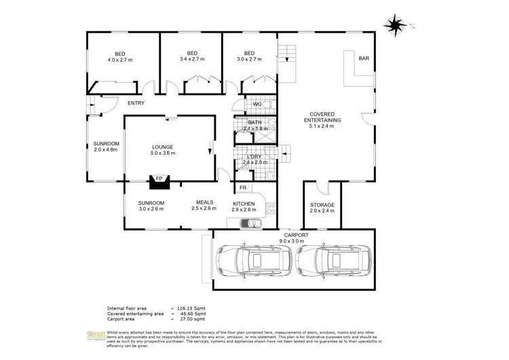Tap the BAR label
click(364, 59)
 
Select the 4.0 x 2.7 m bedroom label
click(120, 56)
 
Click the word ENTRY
click(136, 103)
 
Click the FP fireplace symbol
click(159, 179)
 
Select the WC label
click(257, 104)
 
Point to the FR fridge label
click(243, 187)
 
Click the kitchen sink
click(254, 222)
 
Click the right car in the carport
click(328, 260)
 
